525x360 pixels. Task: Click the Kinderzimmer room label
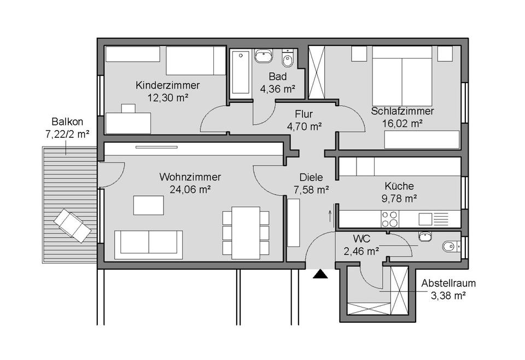167,85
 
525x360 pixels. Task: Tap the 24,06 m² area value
190,189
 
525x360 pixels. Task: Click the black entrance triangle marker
319,274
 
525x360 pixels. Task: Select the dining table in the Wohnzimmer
246,232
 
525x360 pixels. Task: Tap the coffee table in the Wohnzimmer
148,205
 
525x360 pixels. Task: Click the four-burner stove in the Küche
390,218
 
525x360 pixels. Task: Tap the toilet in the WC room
450,247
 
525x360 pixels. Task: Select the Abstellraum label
448,283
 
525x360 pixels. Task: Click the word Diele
311,177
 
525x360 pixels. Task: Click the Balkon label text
67,121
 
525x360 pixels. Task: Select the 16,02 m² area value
402,123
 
